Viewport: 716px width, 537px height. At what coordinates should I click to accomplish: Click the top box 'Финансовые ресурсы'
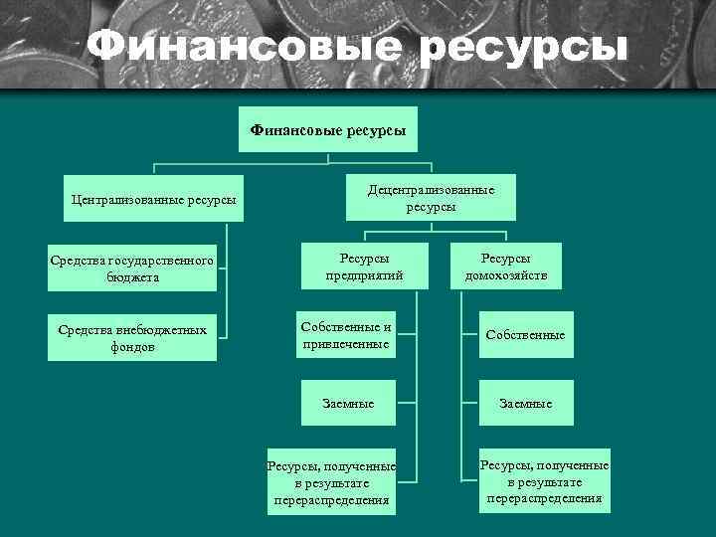pos(327,129)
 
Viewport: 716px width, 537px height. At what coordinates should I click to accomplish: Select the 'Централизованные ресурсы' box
pos(154,200)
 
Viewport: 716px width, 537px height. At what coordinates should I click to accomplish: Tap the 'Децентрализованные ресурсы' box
pos(431,198)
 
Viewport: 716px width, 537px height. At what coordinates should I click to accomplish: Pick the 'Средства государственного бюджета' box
pos(132,269)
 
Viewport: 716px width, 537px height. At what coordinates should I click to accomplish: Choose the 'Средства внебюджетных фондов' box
pos(132,339)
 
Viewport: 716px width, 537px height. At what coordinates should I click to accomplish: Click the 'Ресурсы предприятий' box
pos(364,267)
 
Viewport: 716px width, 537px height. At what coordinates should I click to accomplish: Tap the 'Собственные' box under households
pos(525,335)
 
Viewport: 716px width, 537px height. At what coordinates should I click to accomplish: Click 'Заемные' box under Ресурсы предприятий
pos(347,404)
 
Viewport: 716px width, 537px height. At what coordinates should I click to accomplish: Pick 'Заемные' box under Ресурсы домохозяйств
pos(526,404)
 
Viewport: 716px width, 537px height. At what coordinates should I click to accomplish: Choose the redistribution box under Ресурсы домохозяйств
pos(544,481)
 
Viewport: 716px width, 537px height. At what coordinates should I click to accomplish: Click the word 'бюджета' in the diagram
pos(132,278)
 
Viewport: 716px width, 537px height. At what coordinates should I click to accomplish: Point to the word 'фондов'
pos(132,348)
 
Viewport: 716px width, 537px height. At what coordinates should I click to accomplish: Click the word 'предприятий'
pos(364,275)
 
